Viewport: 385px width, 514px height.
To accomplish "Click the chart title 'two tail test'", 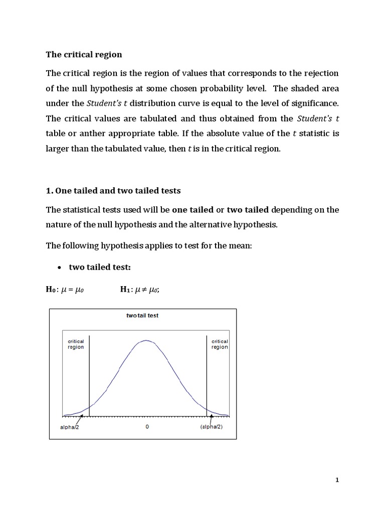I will [142, 316].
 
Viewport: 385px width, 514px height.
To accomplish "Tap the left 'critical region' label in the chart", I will [76, 344].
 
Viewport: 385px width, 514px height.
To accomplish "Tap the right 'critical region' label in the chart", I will [220, 344].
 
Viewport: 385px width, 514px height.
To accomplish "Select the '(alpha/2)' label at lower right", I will [211, 427].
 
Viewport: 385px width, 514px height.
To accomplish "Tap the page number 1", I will [337, 480].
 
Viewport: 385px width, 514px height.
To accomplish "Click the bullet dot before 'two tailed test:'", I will [59, 268].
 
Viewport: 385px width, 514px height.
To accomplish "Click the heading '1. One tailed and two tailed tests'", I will [113, 190].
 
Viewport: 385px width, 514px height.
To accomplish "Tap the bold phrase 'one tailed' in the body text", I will [192, 209].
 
